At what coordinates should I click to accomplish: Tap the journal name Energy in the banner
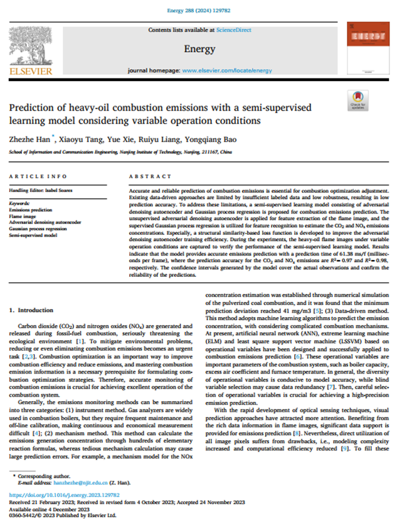(x=200, y=48)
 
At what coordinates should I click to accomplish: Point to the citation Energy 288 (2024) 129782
(x=201, y=11)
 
